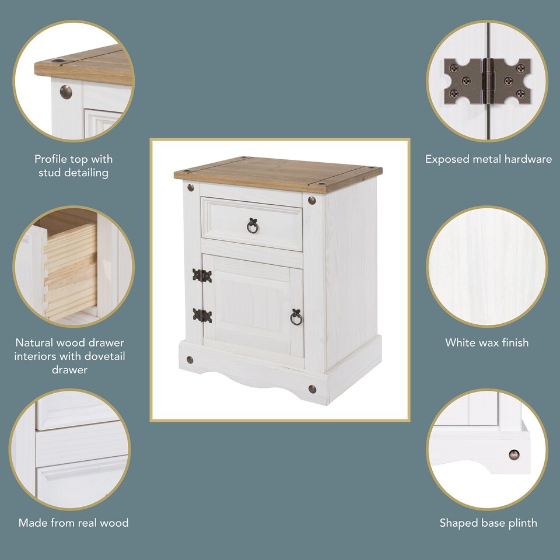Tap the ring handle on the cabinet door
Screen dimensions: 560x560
tap(296, 317)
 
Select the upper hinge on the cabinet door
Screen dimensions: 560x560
tap(202, 275)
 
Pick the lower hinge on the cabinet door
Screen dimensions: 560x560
tap(202, 315)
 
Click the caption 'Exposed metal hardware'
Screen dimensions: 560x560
tap(488, 159)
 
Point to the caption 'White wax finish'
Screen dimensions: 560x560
tap(487, 342)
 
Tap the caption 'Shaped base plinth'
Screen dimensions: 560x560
tap(488, 523)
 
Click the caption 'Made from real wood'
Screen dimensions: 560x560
tap(73, 523)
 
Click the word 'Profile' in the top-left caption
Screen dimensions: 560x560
tap(52, 159)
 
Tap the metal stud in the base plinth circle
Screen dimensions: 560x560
tap(514, 454)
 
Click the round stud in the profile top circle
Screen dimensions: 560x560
tap(66, 92)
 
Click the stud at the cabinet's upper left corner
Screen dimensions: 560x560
tap(191, 188)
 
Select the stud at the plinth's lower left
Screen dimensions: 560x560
tap(189, 359)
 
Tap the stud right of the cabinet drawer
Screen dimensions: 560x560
tap(311, 200)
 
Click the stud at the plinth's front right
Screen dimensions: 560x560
tap(312, 388)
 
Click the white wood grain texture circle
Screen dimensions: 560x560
tap(487, 267)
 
